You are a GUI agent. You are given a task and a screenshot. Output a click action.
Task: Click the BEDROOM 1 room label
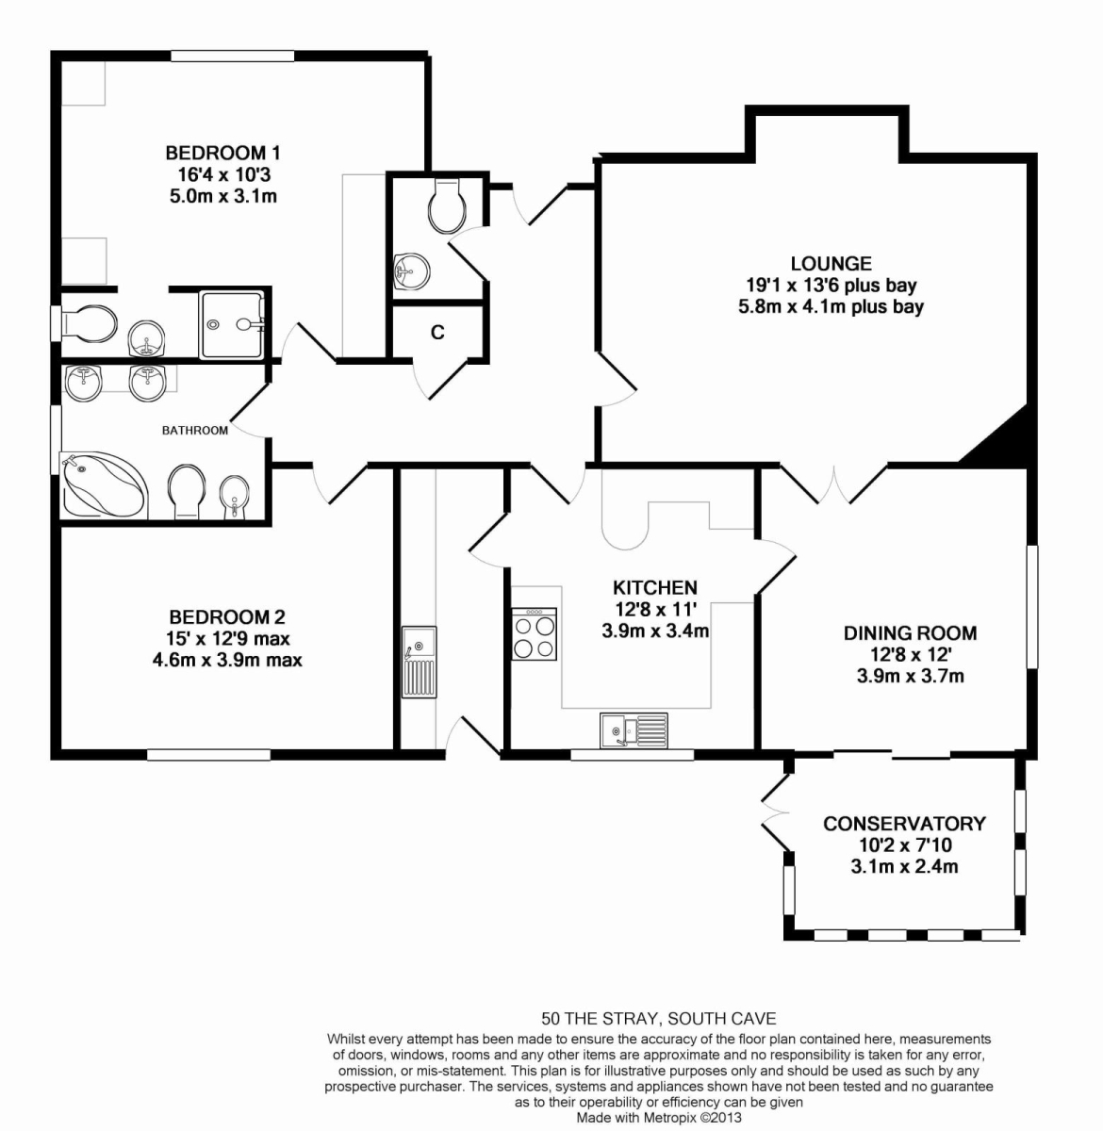222,154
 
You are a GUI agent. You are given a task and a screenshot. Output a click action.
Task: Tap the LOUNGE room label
831,264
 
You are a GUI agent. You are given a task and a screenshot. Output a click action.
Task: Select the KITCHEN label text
655,587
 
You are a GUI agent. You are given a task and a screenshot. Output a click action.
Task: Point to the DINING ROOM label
910,633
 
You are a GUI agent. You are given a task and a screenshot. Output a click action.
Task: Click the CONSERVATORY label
905,824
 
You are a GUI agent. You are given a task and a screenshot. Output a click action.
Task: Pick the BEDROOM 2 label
227,616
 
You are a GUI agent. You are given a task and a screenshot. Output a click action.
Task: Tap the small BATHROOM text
195,431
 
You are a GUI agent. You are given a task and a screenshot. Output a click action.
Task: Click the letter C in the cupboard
437,333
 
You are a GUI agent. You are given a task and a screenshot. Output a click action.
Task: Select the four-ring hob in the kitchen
535,634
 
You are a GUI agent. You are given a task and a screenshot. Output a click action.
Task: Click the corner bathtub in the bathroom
105,484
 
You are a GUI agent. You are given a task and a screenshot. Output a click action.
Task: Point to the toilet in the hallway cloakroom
447,205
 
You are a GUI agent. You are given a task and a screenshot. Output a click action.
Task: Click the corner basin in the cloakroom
411,270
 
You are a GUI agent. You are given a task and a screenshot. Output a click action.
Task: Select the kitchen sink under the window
634,730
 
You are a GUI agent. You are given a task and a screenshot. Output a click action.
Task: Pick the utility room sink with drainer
419,662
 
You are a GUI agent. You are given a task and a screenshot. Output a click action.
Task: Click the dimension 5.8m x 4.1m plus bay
831,306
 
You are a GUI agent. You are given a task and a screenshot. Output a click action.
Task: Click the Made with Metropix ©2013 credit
659,1117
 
